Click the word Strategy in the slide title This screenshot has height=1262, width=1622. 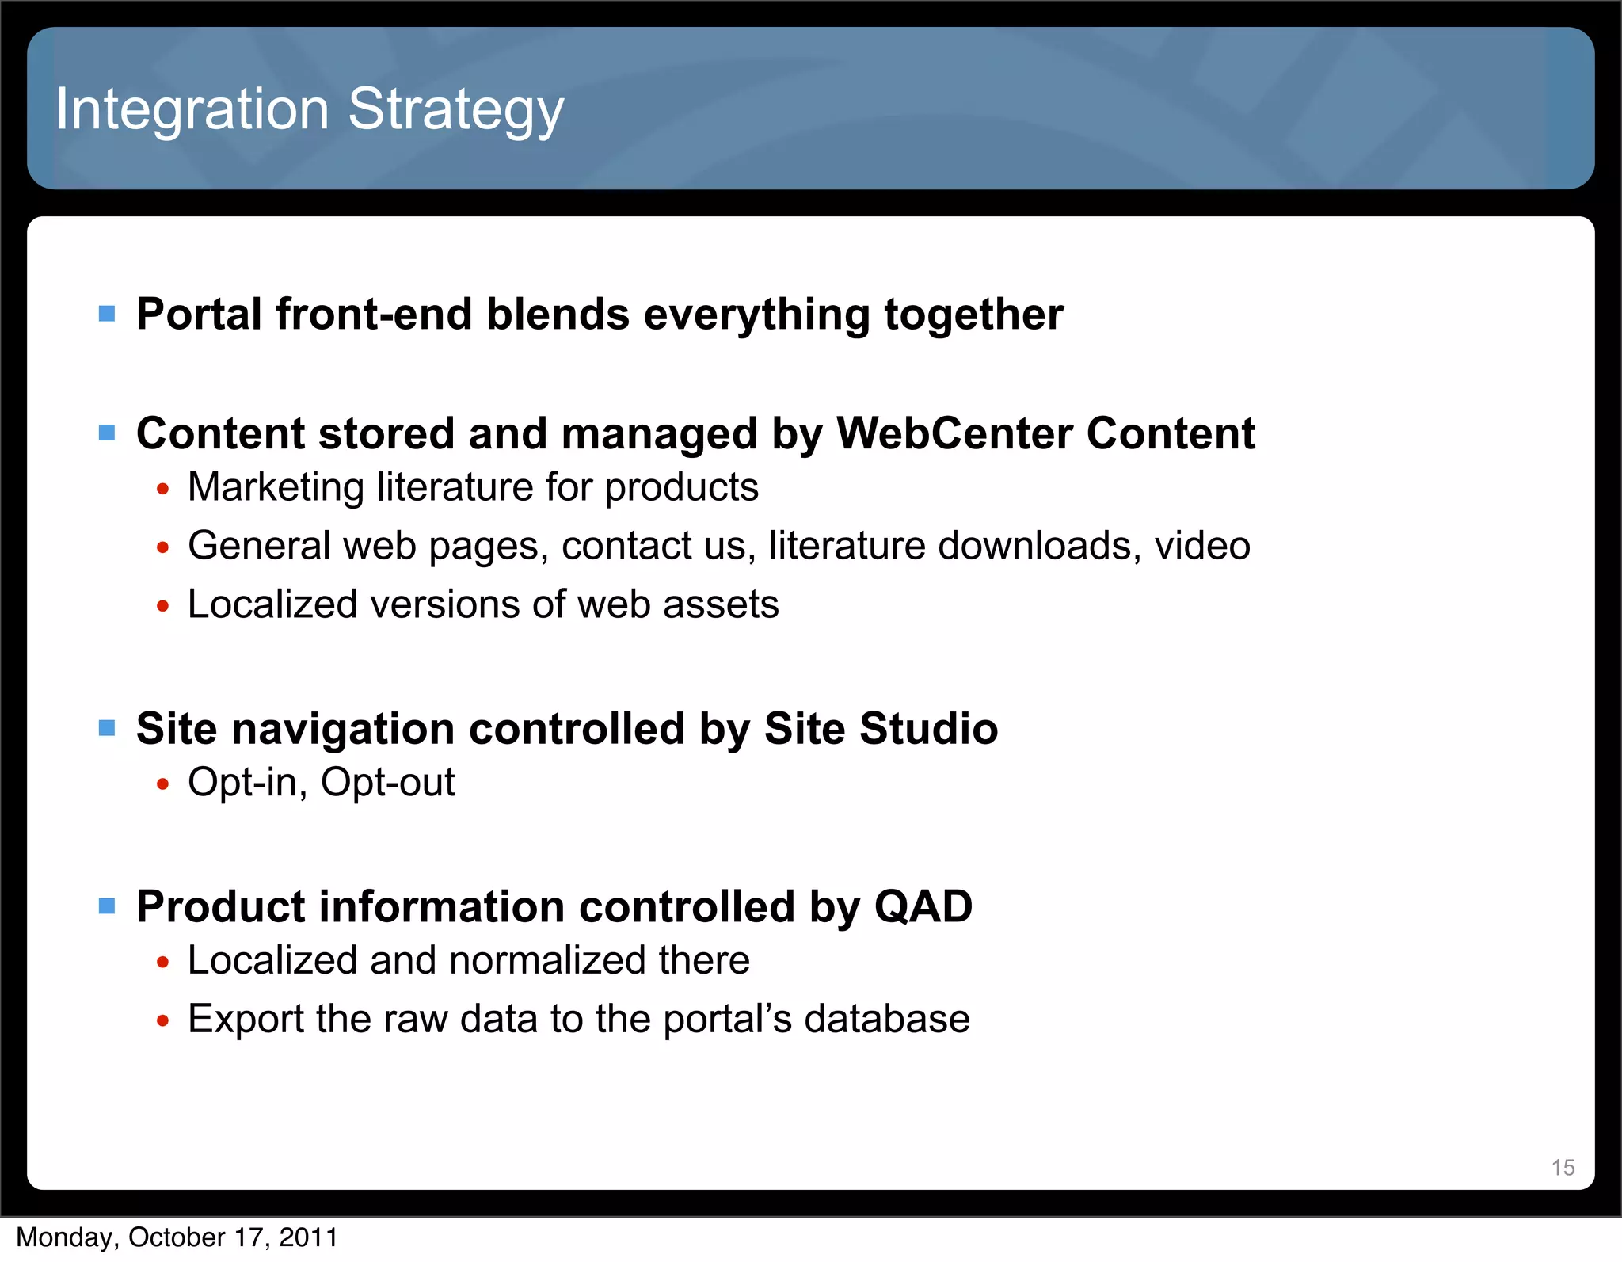coord(455,111)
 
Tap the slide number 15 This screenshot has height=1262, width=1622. coord(1562,1167)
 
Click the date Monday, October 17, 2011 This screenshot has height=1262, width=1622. coord(177,1237)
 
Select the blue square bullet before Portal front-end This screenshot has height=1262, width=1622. coord(107,314)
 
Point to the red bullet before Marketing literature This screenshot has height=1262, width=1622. coord(163,490)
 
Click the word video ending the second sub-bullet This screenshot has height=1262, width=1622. coord(1201,546)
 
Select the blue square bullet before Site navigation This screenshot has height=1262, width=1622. coord(107,727)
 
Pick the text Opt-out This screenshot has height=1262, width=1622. coord(387,783)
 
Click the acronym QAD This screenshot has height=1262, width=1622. coord(923,906)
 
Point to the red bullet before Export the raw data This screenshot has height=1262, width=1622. coord(163,1021)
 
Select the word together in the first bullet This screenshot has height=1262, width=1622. coord(973,315)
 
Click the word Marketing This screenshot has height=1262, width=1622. coord(275,487)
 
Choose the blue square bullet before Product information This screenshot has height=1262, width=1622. coord(107,906)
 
